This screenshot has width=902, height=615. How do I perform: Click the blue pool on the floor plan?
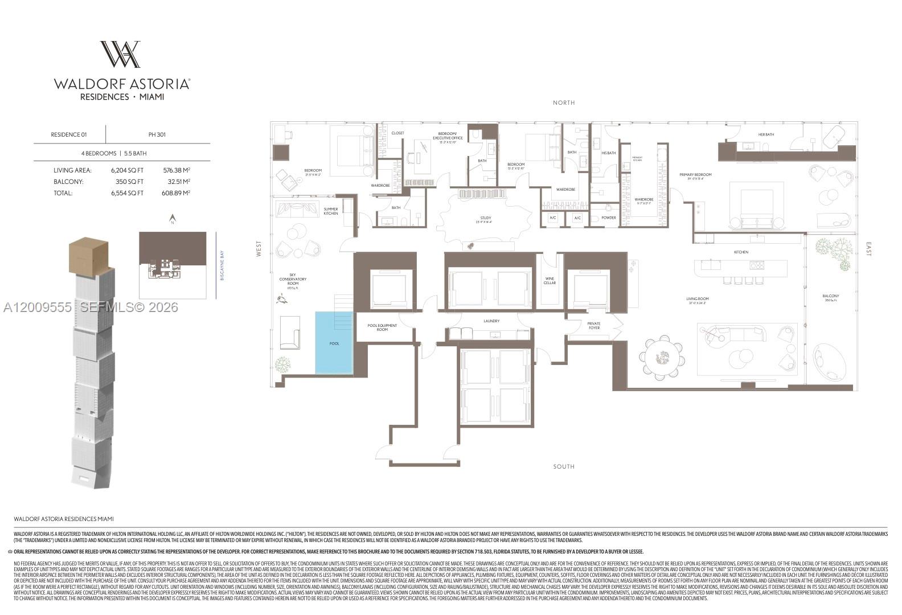tap(334, 343)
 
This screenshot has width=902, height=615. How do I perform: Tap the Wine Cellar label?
tap(550, 280)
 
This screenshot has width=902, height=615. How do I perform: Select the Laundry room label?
tap(491, 321)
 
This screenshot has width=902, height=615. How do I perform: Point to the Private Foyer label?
tap(594, 326)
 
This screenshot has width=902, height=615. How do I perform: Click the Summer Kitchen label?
tap(331, 211)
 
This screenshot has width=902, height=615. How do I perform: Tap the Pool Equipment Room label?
tap(382, 327)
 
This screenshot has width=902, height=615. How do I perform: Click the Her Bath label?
tap(766, 134)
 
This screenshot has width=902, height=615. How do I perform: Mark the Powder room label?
tap(609, 218)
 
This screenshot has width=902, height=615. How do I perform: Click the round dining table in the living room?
tap(662, 358)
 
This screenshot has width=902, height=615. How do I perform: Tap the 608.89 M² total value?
tap(177, 193)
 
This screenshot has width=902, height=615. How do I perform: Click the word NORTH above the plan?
tap(564, 102)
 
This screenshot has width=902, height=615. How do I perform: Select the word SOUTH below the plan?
tap(564, 466)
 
